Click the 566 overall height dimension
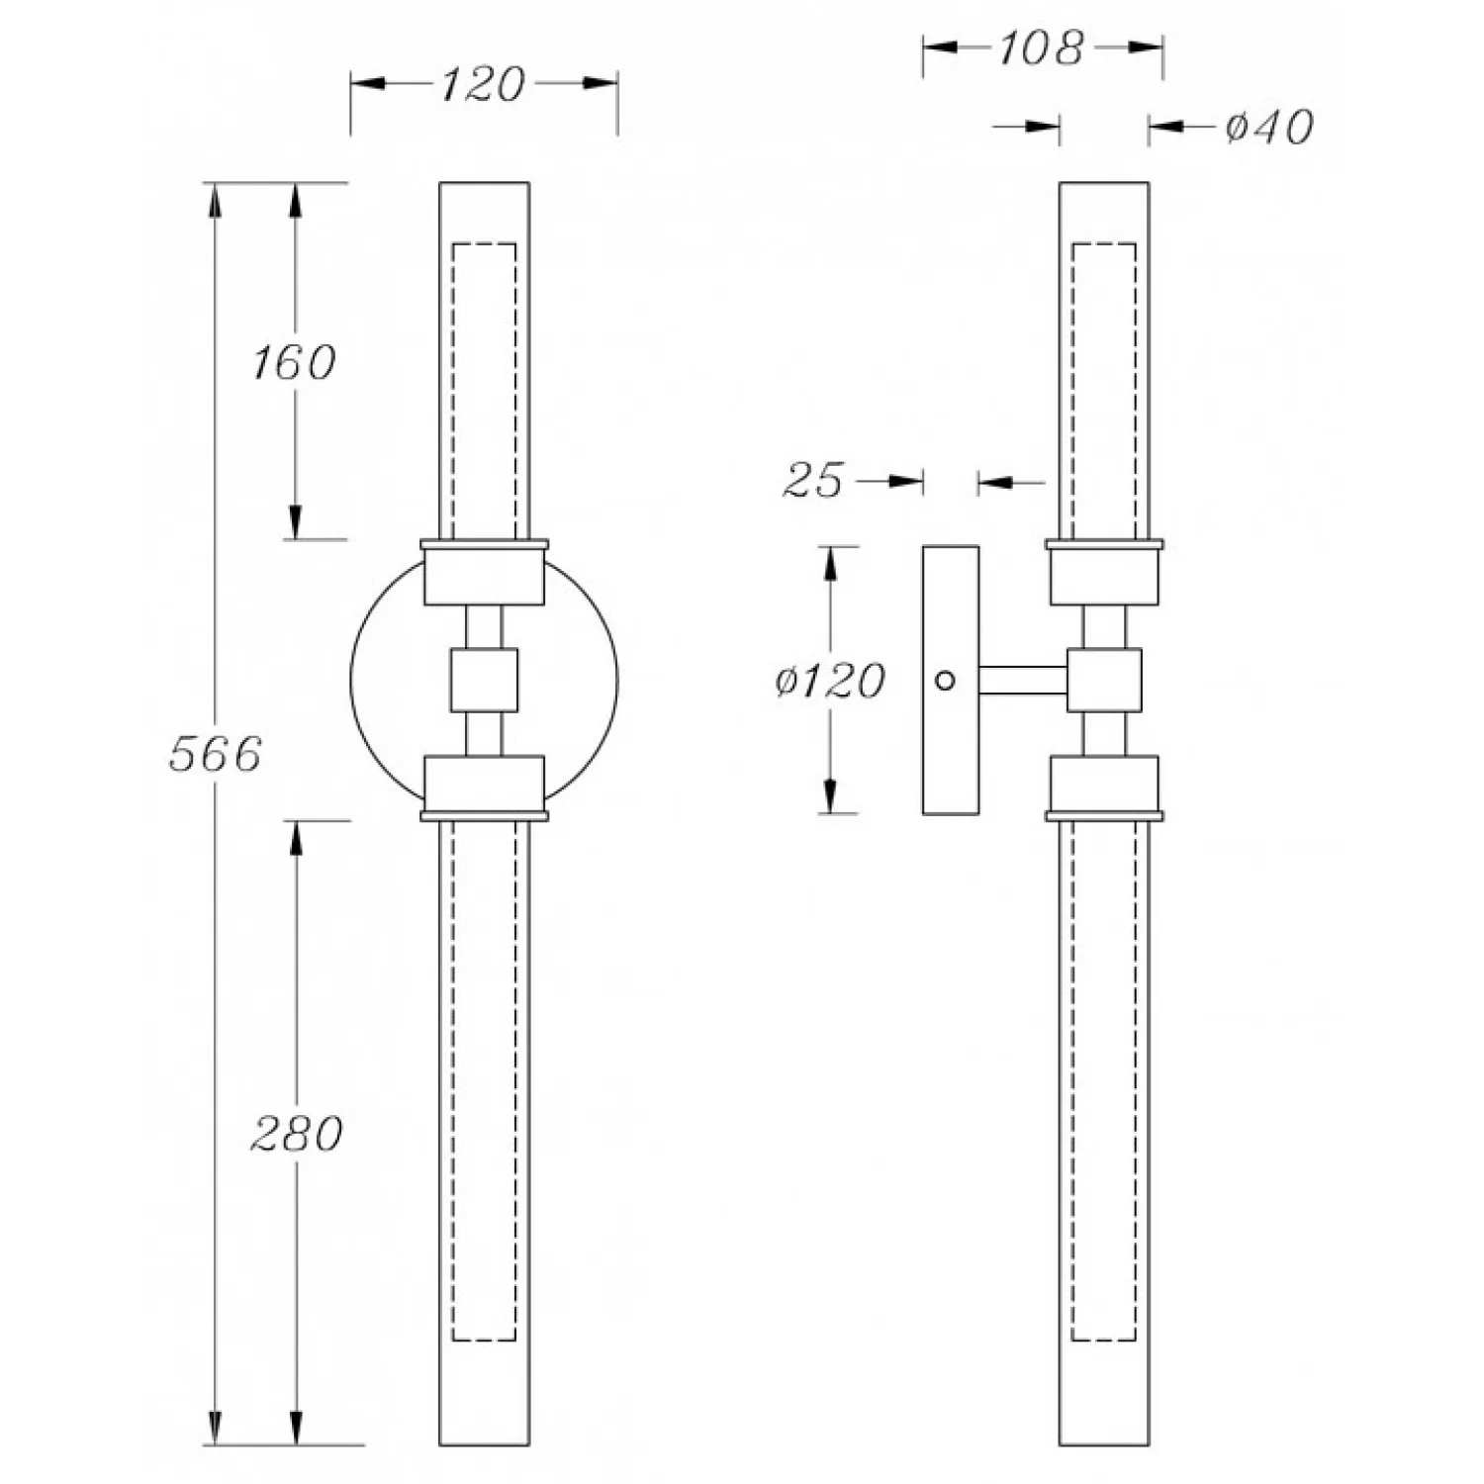tap(215, 754)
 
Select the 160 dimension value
tap(294, 362)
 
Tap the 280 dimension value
tap(297, 1133)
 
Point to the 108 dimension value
tap(1041, 47)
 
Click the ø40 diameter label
tap(1269, 127)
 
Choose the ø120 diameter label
tap(830, 681)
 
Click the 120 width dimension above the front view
tap(482, 85)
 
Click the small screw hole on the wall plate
tap(945, 681)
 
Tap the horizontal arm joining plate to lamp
tap(1023, 681)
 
